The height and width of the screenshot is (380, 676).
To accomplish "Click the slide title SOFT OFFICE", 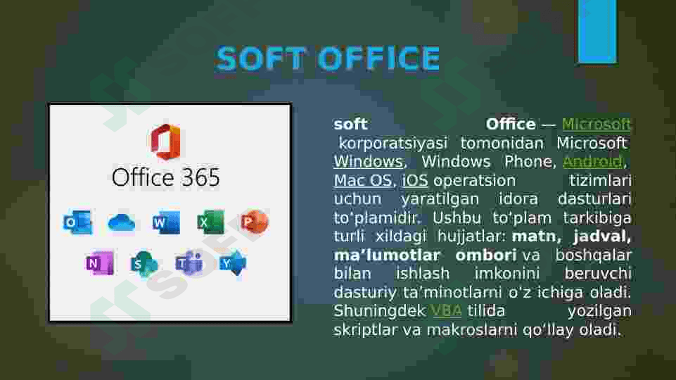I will click(x=328, y=59).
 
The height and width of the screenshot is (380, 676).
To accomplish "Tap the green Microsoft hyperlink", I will click(x=597, y=125).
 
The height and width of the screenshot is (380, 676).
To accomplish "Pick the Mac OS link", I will click(x=362, y=181).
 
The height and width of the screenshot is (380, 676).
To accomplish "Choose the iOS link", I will click(x=415, y=181).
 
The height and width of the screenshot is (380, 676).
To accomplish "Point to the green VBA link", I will click(x=446, y=311).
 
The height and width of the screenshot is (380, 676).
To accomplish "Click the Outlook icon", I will click(x=77, y=223).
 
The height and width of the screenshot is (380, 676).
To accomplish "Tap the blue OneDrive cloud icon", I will click(x=122, y=223).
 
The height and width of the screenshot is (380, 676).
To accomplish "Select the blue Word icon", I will click(x=166, y=223).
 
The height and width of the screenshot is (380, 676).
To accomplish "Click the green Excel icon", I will click(x=210, y=223).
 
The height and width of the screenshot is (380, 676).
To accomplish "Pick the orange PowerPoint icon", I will click(x=253, y=223).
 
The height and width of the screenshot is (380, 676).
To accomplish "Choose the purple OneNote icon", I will click(x=100, y=263).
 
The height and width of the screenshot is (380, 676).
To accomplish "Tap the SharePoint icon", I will click(x=144, y=264).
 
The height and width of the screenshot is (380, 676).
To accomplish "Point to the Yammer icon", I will click(x=232, y=263).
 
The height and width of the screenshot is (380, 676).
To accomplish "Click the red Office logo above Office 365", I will click(x=165, y=141).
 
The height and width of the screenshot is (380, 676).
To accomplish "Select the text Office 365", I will click(x=166, y=177).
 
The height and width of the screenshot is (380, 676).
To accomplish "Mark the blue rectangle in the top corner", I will click(x=597, y=31).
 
